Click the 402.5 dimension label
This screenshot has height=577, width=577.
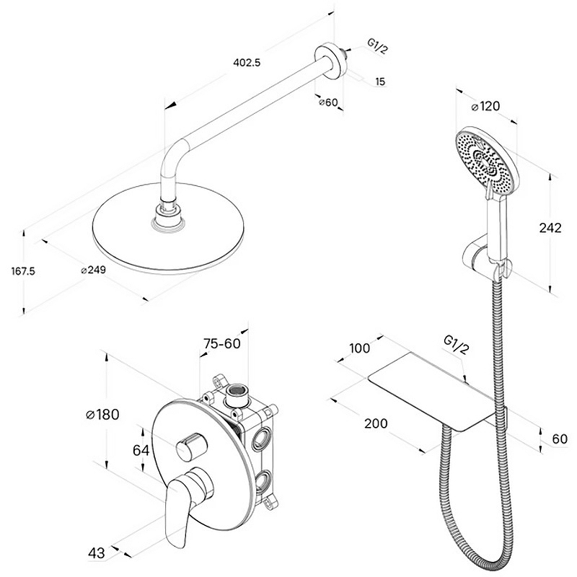(x=247, y=63)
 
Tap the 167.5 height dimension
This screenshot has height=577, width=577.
(x=23, y=271)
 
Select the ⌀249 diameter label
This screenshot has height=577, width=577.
(x=94, y=270)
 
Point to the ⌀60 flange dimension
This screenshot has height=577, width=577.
(x=328, y=102)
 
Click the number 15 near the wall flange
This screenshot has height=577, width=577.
(x=381, y=82)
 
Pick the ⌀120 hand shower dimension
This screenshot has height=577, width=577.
(x=485, y=106)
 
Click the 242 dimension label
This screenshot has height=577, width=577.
(x=550, y=228)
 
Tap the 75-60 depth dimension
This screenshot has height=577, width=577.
(x=222, y=343)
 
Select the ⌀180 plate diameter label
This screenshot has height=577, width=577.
(x=102, y=415)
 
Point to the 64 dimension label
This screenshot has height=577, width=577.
(x=141, y=450)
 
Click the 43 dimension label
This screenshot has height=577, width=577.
(x=97, y=552)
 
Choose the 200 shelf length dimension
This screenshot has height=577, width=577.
(x=376, y=423)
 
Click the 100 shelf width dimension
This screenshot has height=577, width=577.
(x=359, y=348)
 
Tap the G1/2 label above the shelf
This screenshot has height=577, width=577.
(x=457, y=345)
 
